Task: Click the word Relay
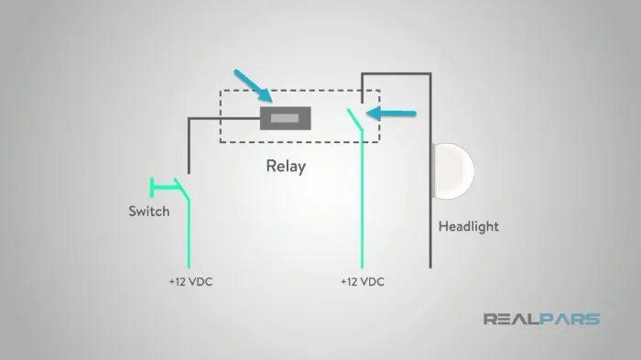pos(286,166)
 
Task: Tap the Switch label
pos(148,211)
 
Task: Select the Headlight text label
pos(469,226)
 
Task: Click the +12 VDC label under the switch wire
pos(190,281)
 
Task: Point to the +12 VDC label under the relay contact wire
pos(363,281)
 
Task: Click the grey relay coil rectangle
pos(286,118)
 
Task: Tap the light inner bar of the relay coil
pos(285,118)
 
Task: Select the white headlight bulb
pos(453,171)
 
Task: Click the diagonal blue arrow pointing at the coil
pos(254,85)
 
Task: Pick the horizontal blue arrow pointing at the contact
pos(391,114)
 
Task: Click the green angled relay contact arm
pos(355,119)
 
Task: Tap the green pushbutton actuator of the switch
pos(164,188)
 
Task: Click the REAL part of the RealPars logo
pos(511,319)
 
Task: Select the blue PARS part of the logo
pos(570,319)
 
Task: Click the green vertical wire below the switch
pos(189,235)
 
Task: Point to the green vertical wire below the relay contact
pos(363,200)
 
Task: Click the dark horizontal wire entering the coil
pos(224,119)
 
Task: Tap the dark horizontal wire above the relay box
pos(397,74)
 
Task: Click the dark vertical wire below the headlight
pos(430,234)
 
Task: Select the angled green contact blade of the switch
pos(182,189)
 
